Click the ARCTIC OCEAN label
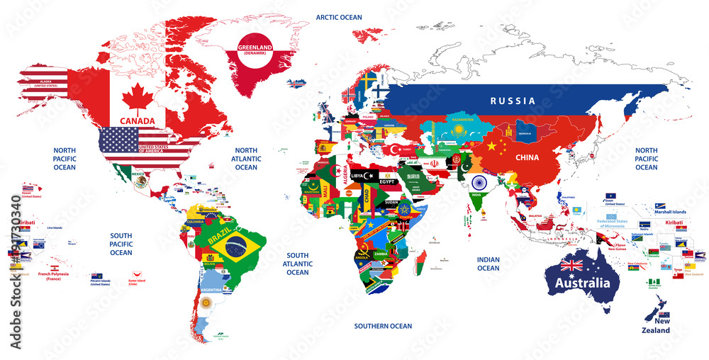[339, 17]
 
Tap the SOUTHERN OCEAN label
[383, 326]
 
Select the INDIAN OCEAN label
[488, 264]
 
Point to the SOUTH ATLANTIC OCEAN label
[298, 264]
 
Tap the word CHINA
[527, 157]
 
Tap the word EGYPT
[386, 181]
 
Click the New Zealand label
[656, 326]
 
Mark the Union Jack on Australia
[571, 266]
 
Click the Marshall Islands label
[669, 212]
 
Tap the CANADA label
[138, 120]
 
